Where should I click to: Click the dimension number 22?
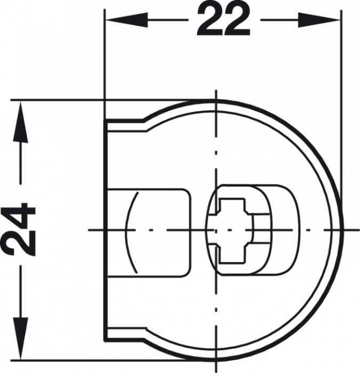coord(223,20)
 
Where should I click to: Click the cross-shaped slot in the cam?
coord(229,230)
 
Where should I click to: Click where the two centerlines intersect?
coord(215,230)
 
